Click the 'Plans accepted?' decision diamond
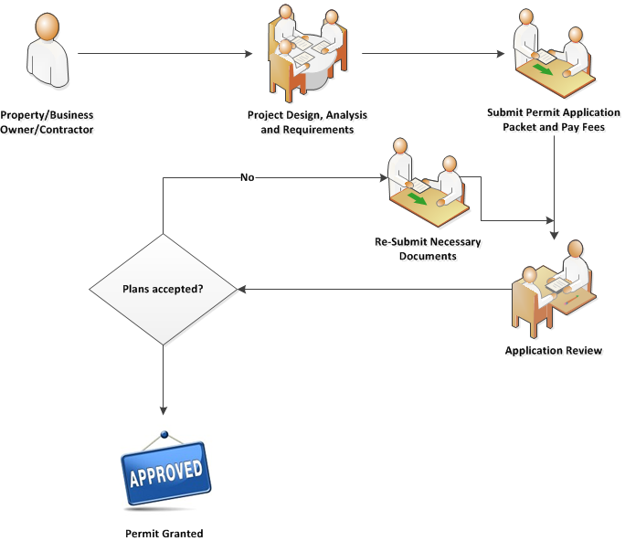point(163,290)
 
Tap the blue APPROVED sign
point(165,473)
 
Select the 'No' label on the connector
point(247,177)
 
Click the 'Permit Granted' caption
point(164,533)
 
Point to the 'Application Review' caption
point(554,351)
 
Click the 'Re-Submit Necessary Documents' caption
point(428,249)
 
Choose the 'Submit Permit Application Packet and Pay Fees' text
point(555,121)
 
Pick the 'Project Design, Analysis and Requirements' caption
point(307,122)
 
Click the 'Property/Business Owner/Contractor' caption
point(47,122)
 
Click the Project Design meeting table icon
point(308,54)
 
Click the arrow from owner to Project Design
point(164,54)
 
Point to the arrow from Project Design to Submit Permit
point(431,54)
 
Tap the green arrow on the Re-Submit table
point(418,197)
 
